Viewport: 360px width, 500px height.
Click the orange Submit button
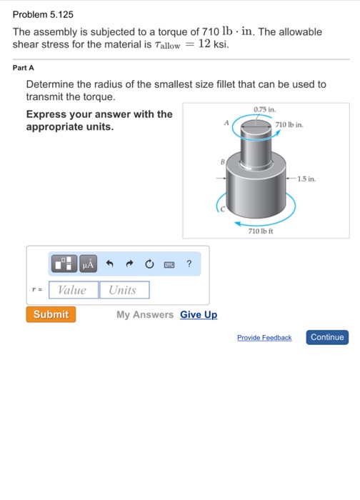(x=51, y=314)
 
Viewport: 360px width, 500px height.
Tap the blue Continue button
(x=327, y=337)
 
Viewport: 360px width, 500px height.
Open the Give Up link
(x=199, y=315)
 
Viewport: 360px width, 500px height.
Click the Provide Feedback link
(x=264, y=338)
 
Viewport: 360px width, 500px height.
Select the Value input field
(x=73, y=290)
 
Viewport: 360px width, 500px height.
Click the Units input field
(x=124, y=290)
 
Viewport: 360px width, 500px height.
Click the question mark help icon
(x=189, y=264)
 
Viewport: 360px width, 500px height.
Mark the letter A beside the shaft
(x=226, y=123)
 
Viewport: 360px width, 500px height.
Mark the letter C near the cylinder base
(x=222, y=209)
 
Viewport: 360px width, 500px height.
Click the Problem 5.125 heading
(x=44, y=14)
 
